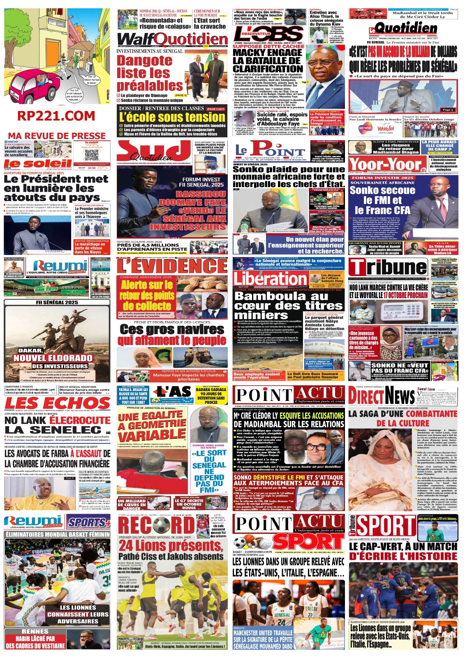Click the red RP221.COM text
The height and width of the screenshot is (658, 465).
[56, 116]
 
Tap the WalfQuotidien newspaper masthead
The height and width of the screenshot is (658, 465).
[172, 39]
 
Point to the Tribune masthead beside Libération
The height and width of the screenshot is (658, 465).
[389, 267]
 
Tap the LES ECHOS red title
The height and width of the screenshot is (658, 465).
[57, 403]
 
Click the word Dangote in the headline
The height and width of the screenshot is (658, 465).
[145, 60]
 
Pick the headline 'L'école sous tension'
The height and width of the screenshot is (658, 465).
[172, 117]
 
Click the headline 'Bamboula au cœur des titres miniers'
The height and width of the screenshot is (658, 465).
[288, 305]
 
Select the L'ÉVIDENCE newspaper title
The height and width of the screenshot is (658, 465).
[172, 266]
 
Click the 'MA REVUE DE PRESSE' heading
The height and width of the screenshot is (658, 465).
[57, 136]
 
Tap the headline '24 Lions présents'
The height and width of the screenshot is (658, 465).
[171, 545]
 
